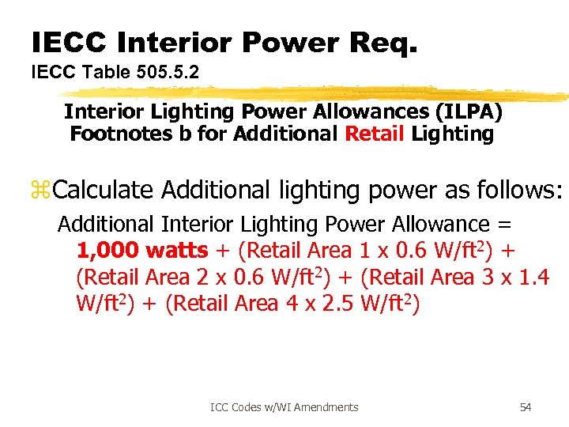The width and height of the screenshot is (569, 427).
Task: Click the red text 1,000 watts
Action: click(142, 251)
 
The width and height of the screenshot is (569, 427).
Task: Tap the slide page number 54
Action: click(526, 407)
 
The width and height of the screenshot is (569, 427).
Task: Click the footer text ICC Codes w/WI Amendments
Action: click(284, 407)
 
